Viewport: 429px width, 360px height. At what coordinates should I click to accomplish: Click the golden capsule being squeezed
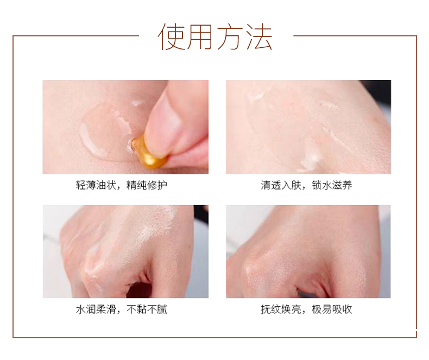[149, 152]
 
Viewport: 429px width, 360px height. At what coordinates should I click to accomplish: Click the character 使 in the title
[172, 37]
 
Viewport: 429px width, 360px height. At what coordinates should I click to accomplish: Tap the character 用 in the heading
[200, 37]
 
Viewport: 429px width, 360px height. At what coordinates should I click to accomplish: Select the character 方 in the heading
[230, 37]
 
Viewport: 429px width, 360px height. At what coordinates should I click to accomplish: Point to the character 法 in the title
[259, 37]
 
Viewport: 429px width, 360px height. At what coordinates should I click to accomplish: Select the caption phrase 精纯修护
[147, 185]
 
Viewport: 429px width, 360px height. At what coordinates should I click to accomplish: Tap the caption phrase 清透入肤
[281, 185]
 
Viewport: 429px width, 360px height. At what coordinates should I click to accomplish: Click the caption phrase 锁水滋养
[332, 185]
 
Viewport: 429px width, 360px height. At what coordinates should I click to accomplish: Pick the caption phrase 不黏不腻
[147, 310]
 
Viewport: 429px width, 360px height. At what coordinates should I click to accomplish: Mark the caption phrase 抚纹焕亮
[281, 310]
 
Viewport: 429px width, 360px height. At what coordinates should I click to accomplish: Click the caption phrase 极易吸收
[332, 310]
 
